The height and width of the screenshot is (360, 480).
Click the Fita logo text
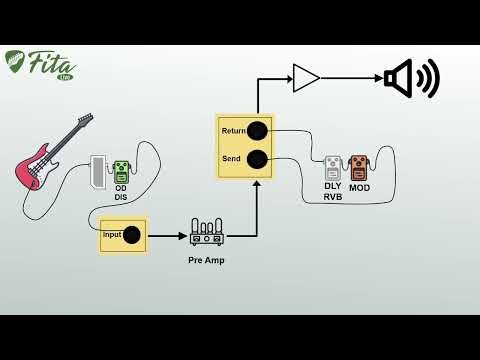coord(50,63)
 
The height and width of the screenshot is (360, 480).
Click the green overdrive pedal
coord(121,171)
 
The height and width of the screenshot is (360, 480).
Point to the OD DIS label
coord(121,193)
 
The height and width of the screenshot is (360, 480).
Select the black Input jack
coord(131,235)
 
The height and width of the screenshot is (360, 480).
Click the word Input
coord(112,235)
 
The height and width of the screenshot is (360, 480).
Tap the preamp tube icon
coord(207,233)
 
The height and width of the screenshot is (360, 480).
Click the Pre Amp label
coord(207,260)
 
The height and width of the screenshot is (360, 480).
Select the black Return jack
coord(257,131)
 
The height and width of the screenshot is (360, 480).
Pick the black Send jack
coord(257,159)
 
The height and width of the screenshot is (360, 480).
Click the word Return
coord(233,131)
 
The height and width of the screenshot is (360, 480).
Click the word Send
coord(231,159)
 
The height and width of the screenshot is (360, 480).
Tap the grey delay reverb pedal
coord(333,167)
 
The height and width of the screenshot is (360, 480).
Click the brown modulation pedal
coord(359,167)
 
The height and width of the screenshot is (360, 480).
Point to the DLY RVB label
coord(333,191)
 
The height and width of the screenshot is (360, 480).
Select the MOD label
coord(359,188)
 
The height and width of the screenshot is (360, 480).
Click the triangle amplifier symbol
coord(305,78)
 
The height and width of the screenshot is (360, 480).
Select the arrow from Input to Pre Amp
coord(166,235)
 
